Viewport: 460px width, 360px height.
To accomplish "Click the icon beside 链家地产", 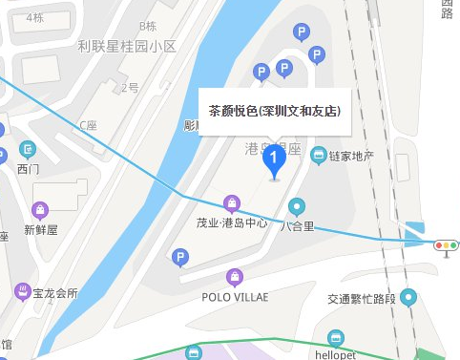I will pos(319,155).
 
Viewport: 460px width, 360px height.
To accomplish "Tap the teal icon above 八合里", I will pos(297,206).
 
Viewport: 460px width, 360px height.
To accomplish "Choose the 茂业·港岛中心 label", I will pos(231,223).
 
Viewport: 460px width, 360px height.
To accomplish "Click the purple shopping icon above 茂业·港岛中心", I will pos(231,202).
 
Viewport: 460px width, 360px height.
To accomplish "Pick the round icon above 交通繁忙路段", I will pos(408,298).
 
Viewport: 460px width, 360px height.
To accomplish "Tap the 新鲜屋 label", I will pos(41,229).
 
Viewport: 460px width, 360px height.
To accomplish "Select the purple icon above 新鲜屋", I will pos(40,209).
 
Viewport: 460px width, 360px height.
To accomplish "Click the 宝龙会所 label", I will pos(52,292).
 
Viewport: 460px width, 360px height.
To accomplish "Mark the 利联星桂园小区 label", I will pos(127,46).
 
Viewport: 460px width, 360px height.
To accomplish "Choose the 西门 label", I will pos(29,169).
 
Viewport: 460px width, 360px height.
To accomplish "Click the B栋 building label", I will pos(147,26).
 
